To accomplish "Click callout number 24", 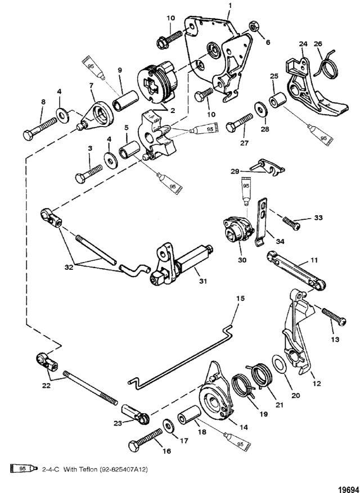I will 303,44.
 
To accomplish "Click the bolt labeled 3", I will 89,172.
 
